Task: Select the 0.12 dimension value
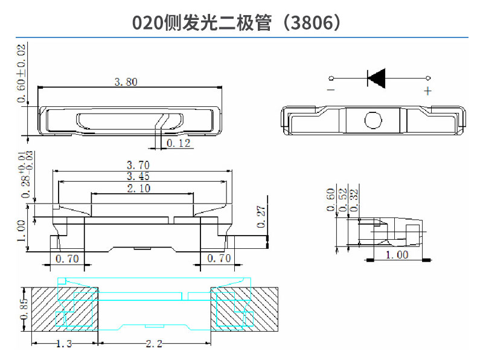pos(178,143)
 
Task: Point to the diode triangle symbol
pos(377,78)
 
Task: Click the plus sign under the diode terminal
pos(427,91)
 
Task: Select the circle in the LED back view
pos(373,120)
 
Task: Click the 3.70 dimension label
pos(138,165)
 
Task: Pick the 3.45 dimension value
pos(138,176)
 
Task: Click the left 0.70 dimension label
pos(67,259)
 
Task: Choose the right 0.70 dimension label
pos(219,259)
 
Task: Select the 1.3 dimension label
pos(65,344)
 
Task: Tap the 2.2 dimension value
pos(154,344)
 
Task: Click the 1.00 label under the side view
pos(397,254)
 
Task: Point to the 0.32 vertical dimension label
pos(354,198)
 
